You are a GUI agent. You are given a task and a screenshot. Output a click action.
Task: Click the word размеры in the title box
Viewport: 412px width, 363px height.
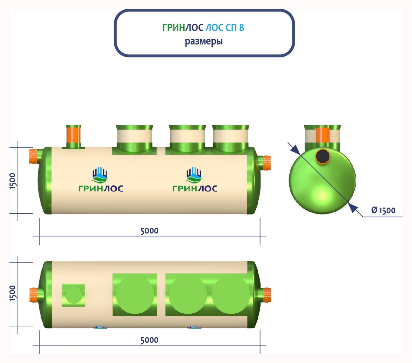[x=204, y=42]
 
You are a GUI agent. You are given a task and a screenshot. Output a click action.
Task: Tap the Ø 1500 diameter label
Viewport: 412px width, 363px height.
[x=383, y=210]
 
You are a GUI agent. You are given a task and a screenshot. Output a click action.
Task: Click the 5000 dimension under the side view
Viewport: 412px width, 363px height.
[x=149, y=231]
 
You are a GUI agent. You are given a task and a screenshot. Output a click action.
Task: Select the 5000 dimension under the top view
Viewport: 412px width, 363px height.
[x=149, y=340]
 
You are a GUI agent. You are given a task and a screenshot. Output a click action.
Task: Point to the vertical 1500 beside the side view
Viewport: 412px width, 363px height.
[x=13, y=181]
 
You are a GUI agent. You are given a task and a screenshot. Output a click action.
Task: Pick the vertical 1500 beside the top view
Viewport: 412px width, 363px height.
[x=13, y=293]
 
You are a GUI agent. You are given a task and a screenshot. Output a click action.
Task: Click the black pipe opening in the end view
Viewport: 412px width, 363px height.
[x=323, y=156]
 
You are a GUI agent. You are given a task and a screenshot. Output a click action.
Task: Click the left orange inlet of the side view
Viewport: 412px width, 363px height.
[x=33, y=156]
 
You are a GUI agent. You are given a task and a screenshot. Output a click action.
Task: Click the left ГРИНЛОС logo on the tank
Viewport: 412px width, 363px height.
[x=101, y=179]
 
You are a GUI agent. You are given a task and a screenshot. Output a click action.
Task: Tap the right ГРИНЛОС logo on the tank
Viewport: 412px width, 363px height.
[x=195, y=179]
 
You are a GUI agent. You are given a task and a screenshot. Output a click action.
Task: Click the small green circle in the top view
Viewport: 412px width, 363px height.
[x=73, y=295]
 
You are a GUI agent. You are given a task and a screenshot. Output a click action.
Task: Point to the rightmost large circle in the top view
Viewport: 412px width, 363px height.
[x=231, y=295]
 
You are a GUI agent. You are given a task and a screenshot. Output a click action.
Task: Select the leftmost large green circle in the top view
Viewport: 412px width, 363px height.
[x=135, y=295]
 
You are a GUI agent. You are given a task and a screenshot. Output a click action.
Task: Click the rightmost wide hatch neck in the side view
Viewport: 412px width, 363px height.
[x=230, y=139]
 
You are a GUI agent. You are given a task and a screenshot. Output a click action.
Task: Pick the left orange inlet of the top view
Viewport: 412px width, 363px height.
[x=34, y=295]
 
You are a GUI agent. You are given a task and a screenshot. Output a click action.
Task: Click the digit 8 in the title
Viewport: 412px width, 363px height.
[x=241, y=28]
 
